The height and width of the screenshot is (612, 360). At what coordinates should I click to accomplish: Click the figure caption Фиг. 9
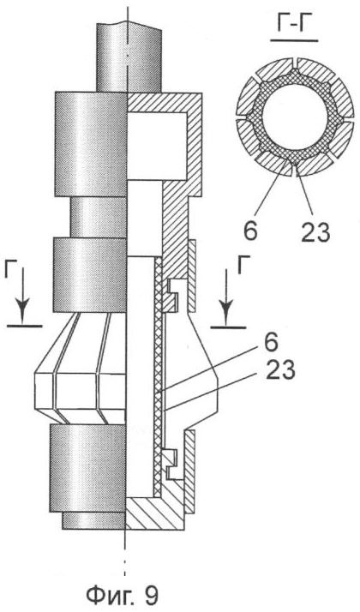pyautogui.click(x=122, y=596)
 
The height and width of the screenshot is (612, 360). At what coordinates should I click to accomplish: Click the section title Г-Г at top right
pyautogui.click(x=293, y=24)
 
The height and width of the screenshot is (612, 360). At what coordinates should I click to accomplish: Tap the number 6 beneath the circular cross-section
pyautogui.click(x=251, y=231)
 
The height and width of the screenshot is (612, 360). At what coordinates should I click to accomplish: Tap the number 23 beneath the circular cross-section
pyautogui.click(x=315, y=231)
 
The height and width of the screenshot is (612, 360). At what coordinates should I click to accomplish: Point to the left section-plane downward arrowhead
pyautogui.click(x=23, y=312)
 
